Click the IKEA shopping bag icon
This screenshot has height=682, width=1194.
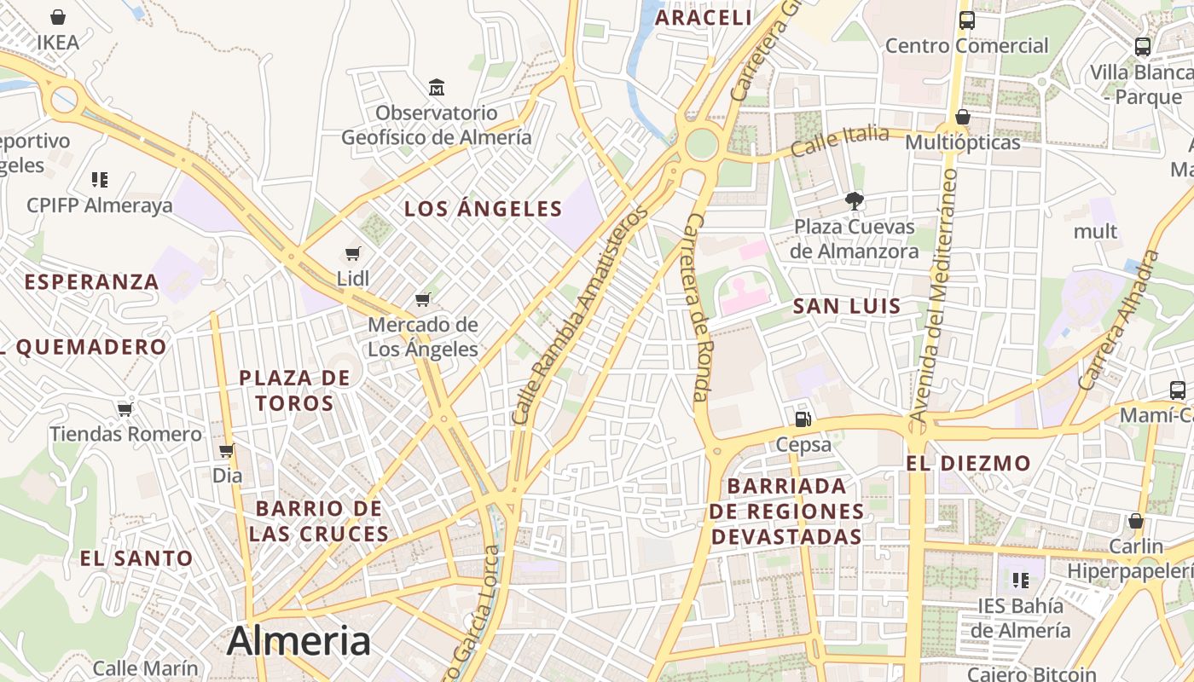click(58, 17)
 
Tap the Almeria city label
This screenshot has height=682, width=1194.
click(298, 641)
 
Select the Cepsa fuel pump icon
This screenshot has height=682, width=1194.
click(803, 419)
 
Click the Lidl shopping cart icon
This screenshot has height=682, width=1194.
click(353, 253)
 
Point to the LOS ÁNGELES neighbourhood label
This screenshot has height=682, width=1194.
click(484, 209)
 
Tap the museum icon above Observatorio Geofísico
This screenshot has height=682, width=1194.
click(437, 87)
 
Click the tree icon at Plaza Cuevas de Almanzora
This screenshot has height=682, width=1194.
click(853, 201)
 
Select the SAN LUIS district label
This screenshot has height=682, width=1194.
click(847, 307)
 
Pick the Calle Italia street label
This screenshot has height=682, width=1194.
click(839, 141)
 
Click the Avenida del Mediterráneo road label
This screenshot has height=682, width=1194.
click(934, 294)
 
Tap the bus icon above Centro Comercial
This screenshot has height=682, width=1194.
click(966, 20)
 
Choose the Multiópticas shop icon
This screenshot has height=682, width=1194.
click(963, 117)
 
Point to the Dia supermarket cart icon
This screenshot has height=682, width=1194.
click(227, 450)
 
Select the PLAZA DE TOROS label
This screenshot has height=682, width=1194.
click(295, 390)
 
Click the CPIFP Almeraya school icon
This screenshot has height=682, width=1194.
click(100, 179)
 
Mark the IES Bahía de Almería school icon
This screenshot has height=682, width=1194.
click(1020, 581)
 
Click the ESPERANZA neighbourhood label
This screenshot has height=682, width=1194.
click(92, 282)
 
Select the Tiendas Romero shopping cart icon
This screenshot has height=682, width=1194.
click(125, 409)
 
